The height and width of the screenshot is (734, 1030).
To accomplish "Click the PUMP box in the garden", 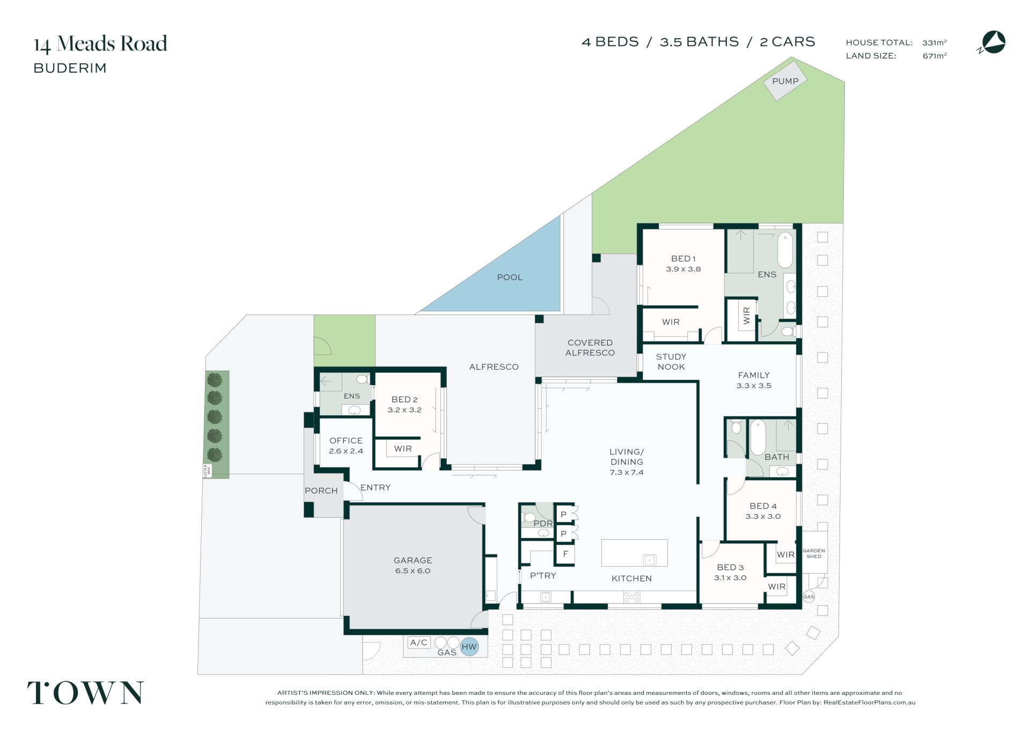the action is [785, 81].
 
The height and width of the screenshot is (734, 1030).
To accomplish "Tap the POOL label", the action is [510, 277].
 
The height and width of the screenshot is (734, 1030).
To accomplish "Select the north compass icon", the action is [991, 43].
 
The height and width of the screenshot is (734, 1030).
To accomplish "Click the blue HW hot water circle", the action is [469, 647].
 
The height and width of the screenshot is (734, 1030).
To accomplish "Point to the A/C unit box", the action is [419, 642].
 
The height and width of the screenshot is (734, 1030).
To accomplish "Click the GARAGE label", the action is [413, 560].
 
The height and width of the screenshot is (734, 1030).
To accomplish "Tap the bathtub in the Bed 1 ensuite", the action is [785, 249].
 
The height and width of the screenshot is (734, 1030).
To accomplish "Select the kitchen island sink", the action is [650, 560].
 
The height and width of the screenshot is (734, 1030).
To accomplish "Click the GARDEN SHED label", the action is [814, 553].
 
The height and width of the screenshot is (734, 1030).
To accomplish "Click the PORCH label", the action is [321, 491].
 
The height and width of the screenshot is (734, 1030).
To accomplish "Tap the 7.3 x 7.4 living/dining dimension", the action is [627, 473].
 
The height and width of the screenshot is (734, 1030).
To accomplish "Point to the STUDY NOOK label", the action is [671, 362].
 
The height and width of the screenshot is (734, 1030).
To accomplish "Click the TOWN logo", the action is [86, 693].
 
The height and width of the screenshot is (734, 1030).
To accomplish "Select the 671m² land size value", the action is [935, 56].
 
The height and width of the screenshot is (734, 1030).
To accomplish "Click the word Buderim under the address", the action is [70, 68].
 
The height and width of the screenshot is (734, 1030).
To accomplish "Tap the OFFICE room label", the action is [346, 441].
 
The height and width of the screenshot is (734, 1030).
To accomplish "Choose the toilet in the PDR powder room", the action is [528, 518].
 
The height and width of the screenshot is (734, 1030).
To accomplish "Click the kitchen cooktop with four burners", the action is [632, 597].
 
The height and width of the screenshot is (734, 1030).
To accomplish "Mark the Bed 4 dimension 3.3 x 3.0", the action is [763, 517].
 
